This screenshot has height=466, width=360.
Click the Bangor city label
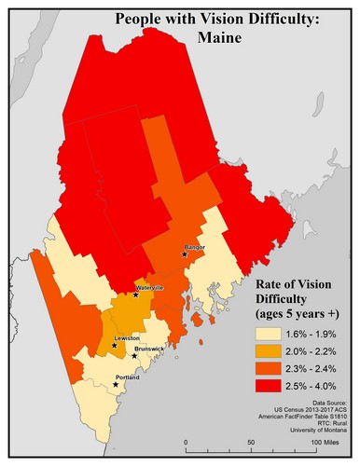194,247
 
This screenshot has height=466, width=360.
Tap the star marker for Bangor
186,254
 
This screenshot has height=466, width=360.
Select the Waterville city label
150,288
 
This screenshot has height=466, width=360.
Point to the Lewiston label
127,336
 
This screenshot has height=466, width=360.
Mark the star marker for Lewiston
115,345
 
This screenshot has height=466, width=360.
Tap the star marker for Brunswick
134,355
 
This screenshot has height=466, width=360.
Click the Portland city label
127,377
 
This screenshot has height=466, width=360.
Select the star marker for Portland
116,384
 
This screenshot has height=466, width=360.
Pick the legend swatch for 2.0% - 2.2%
271,349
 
